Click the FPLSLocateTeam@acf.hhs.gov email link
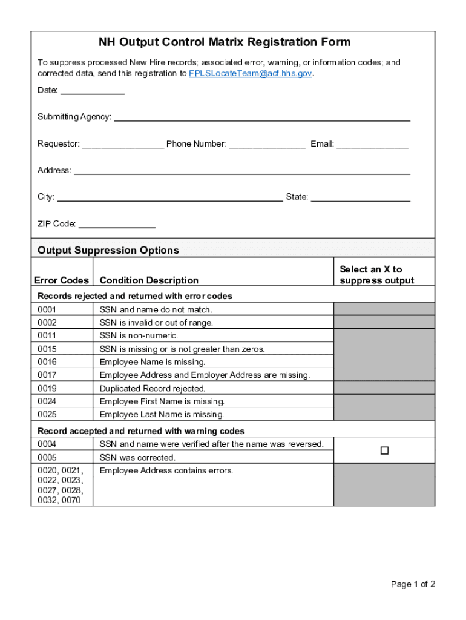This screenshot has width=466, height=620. [251, 73]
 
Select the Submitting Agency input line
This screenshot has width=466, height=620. [261, 117]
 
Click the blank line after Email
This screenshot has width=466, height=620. [372, 144]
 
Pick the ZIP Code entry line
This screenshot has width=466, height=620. [117, 224]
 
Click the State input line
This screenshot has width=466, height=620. [361, 197]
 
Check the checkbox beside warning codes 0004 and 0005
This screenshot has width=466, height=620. [384, 451]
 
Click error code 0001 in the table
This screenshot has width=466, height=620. [47, 309]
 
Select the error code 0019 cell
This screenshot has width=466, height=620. [47, 388]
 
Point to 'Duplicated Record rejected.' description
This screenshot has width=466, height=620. [153, 388]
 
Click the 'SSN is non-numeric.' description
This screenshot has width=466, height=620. [139, 335]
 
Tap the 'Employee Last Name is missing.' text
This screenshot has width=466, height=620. [162, 414]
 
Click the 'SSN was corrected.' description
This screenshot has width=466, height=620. [137, 457]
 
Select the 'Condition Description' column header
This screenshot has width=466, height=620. [149, 280]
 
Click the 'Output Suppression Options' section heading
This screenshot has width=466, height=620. [108, 250]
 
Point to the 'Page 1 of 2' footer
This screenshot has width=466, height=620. [413, 584]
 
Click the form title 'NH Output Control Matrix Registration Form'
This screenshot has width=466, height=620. [225, 42]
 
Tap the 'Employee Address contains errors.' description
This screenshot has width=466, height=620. [166, 470]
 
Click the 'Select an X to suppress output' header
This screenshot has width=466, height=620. [376, 275]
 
